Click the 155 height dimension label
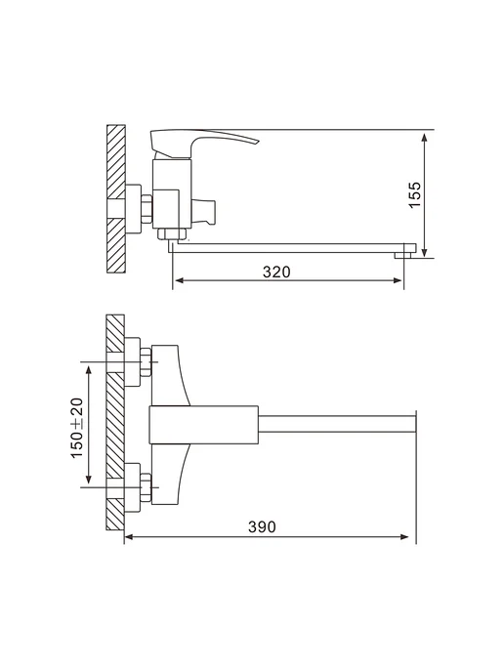click(415, 195)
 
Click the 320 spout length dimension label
click(276, 272)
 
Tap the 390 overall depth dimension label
click(262, 526)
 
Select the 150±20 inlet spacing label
click(77, 428)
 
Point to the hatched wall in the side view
click(115, 199)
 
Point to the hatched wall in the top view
click(115, 423)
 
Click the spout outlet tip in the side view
click(402, 256)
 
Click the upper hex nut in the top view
click(147, 362)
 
